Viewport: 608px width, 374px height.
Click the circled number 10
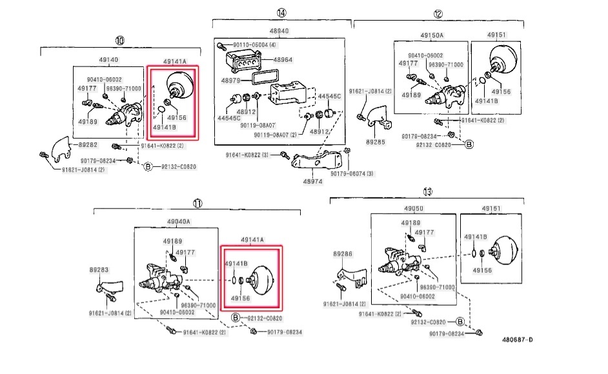point(119,40)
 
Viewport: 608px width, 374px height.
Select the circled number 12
point(438,14)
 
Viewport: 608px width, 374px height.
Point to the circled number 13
point(427,192)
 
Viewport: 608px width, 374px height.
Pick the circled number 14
point(281,13)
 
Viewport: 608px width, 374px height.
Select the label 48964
point(282,59)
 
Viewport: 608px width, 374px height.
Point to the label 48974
point(312,182)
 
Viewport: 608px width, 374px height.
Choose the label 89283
point(99,270)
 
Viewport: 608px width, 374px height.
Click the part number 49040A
point(179,221)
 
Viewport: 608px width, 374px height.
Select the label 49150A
point(432,35)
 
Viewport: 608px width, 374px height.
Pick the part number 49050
point(413,208)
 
